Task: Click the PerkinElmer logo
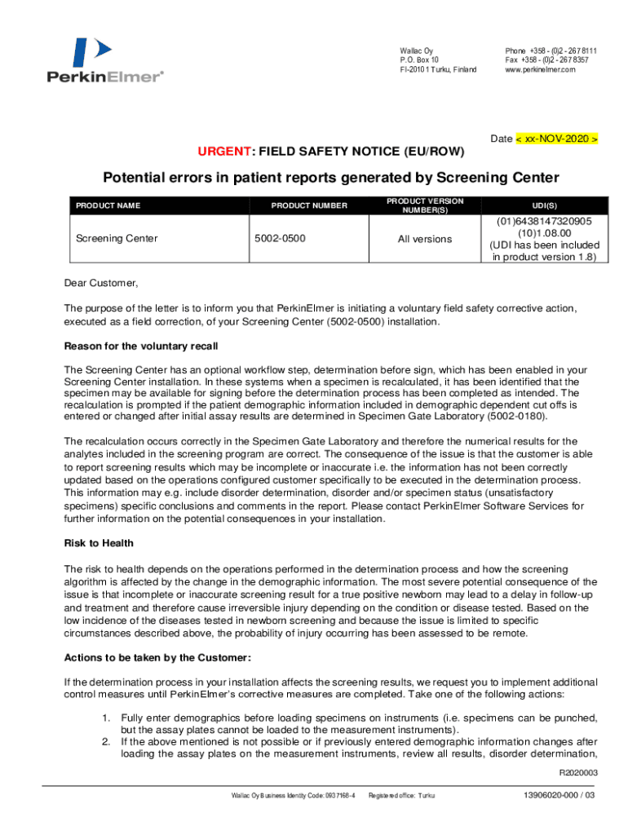click(x=104, y=61)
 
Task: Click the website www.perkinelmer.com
click(x=540, y=70)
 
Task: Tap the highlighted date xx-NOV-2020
click(x=558, y=139)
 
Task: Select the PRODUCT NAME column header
click(x=108, y=206)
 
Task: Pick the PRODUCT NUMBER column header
click(x=309, y=206)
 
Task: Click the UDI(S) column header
click(x=544, y=206)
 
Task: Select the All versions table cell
click(x=424, y=239)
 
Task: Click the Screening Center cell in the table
click(x=117, y=239)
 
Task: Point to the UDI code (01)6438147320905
click(x=544, y=221)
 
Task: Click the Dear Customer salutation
click(x=101, y=284)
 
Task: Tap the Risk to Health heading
click(x=99, y=543)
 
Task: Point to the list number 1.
click(x=106, y=718)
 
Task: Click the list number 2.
click(x=106, y=742)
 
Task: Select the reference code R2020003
click(x=578, y=773)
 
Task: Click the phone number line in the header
click(x=551, y=51)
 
